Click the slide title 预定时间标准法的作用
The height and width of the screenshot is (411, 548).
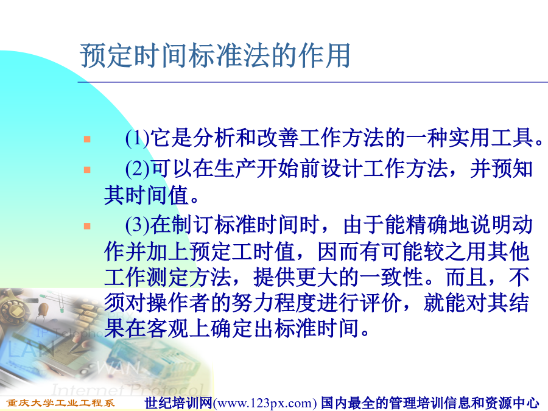click(x=215, y=55)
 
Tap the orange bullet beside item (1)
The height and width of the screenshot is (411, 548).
click(x=87, y=139)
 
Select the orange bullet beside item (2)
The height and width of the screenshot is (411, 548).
click(x=87, y=170)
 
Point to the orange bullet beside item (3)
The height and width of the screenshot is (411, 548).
click(x=87, y=226)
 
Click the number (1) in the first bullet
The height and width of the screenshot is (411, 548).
click(x=138, y=138)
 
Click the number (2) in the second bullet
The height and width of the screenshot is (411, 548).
click(x=138, y=169)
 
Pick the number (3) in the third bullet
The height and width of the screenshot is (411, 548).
click(x=138, y=225)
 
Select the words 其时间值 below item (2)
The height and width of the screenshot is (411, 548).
click(x=146, y=195)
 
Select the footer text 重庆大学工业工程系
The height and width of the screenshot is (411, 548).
click(x=61, y=403)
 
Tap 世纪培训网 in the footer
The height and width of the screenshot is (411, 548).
click(x=178, y=403)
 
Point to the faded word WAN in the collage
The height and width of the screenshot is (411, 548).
click(x=118, y=368)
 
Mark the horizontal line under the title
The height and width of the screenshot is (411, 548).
click(x=313, y=82)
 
